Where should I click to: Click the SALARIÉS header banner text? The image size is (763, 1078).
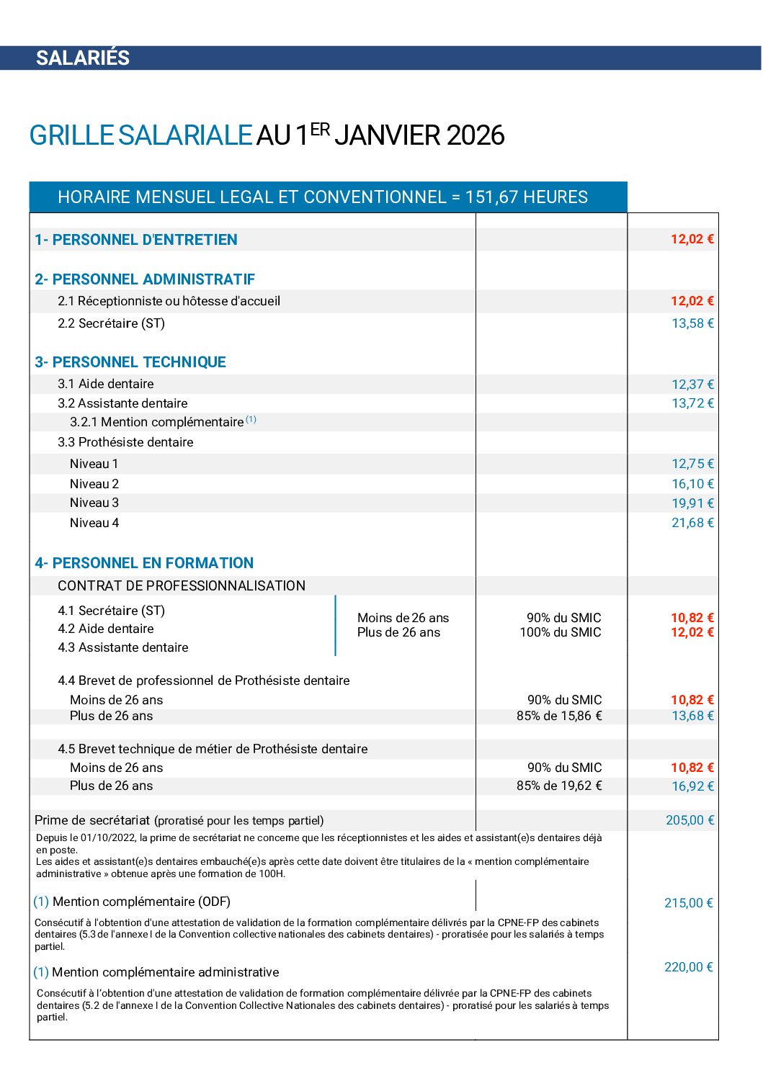pyautogui.click(x=83, y=58)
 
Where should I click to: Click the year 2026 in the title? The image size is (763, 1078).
pyautogui.click(x=476, y=135)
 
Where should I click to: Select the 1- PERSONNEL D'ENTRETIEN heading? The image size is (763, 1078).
pyautogui.click(x=136, y=240)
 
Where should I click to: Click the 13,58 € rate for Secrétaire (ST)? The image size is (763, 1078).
pyautogui.click(x=692, y=323)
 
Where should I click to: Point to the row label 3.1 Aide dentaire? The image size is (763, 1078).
pyautogui.click(x=106, y=384)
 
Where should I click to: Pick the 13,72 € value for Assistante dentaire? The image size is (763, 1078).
pyautogui.click(x=692, y=403)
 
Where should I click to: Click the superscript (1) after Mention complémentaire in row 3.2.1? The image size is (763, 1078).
pyautogui.click(x=251, y=419)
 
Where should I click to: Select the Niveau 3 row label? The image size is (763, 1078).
pyautogui.click(x=94, y=503)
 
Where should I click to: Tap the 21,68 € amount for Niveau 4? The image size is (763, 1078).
pyautogui.click(x=692, y=523)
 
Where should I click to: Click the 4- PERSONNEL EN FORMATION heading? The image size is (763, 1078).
pyautogui.click(x=144, y=563)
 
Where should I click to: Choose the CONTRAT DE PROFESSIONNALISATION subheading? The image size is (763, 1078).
pyautogui.click(x=182, y=585)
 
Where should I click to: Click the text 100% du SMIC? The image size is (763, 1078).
pyautogui.click(x=561, y=632)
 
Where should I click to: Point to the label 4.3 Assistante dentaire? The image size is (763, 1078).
pyautogui.click(x=123, y=647)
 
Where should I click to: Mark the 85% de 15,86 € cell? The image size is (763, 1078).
pyautogui.click(x=559, y=716)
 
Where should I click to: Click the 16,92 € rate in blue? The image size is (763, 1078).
pyautogui.click(x=692, y=786)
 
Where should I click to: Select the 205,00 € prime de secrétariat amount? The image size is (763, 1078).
pyautogui.click(x=690, y=820)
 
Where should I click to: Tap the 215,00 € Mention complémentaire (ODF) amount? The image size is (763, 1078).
pyautogui.click(x=689, y=903)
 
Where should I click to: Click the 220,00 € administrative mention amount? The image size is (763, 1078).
pyautogui.click(x=689, y=967)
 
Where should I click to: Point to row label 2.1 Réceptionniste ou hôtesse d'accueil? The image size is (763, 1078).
pyautogui.click(x=169, y=301)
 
